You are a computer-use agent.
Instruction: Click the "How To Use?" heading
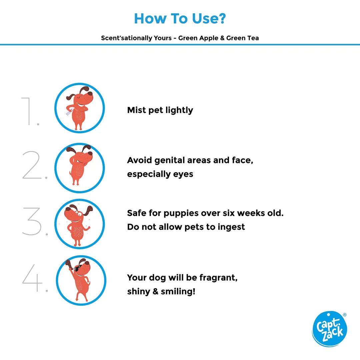(x=180, y=18)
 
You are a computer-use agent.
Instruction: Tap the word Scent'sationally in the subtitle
(x=136, y=38)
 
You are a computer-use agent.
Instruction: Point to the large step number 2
(x=34, y=165)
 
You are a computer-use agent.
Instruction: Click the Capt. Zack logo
(x=329, y=329)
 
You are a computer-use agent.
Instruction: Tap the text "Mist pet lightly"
(x=160, y=110)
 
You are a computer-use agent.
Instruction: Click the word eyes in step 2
(x=183, y=174)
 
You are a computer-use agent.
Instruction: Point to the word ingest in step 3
(x=231, y=227)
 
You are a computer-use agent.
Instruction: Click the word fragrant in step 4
(x=218, y=278)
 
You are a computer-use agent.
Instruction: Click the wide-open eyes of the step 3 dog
(x=79, y=214)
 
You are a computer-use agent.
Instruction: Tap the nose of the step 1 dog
(x=91, y=94)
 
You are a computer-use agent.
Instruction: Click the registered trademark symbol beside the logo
(x=345, y=315)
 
